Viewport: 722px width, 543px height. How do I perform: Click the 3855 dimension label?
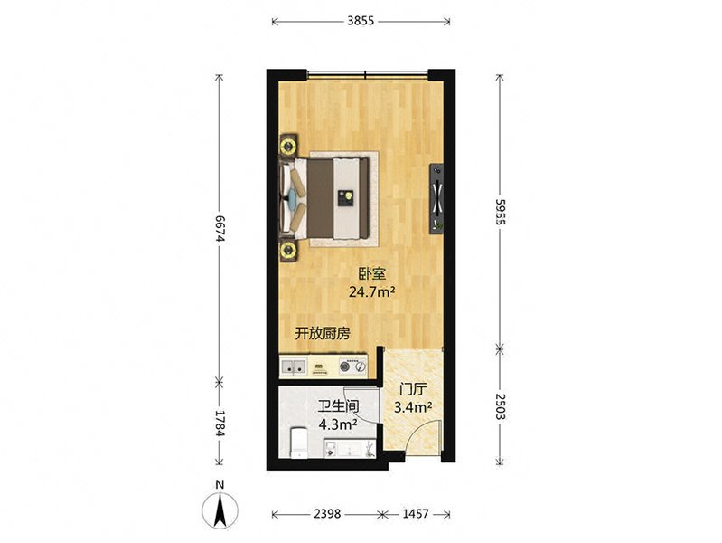pyautogui.click(x=361, y=21)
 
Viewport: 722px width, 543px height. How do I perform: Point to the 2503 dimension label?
pyautogui.click(x=500, y=406)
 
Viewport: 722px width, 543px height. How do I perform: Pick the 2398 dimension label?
pyautogui.click(x=326, y=513)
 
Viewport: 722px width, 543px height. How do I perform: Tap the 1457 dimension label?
pyautogui.click(x=416, y=513)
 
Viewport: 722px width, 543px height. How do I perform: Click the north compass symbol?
pyautogui.click(x=220, y=510)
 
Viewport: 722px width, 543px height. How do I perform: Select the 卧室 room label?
pyautogui.click(x=372, y=274)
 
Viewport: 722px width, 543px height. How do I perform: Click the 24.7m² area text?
pyautogui.click(x=373, y=291)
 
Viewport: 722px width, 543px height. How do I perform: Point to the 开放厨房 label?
pyautogui.click(x=323, y=334)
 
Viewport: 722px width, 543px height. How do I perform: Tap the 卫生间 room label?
pyautogui.click(x=339, y=407)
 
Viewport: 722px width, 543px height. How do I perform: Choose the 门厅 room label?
pyautogui.click(x=412, y=390)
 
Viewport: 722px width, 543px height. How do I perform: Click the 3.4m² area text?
pyautogui.click(x=412, y=407)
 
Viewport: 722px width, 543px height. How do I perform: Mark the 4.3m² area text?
pyautogui.click(x=339, y=424)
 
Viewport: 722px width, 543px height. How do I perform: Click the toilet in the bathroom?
pyautogui.click(x=299, y=443)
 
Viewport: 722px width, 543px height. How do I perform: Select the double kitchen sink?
pyautogui.click(x=294, y=367)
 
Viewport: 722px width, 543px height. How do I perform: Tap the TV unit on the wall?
pyautogui.click(x=436, y=199)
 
